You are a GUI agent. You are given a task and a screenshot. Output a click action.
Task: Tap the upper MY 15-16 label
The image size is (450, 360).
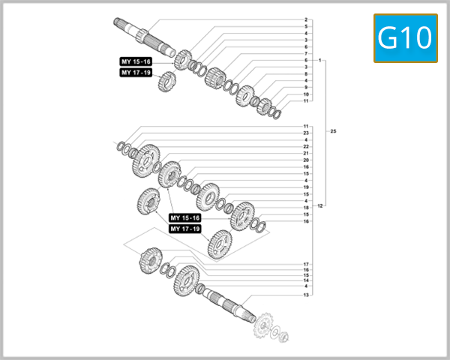[x=136, y=61]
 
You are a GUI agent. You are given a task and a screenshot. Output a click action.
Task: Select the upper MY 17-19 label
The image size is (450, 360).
[x=136, y=73]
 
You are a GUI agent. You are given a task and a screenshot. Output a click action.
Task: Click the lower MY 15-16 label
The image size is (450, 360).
[x=185, y=217]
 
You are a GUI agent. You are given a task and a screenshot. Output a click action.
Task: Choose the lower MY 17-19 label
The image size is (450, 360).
[x=185, y=229]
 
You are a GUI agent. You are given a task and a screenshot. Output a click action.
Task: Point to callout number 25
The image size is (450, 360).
[x=333, y=131]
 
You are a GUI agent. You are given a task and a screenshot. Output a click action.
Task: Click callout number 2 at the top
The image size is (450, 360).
[x=306, y=19]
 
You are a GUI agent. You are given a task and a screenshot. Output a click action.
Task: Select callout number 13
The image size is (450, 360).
[x=306, y=295]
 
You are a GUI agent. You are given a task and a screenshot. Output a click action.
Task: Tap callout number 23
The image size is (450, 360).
[x=306, y=133]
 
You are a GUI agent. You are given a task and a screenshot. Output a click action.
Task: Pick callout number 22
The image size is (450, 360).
[x=306, y=146]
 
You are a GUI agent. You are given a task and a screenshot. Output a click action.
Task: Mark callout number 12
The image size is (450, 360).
[x=320, y=205]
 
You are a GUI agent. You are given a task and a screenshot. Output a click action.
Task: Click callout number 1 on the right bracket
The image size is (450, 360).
[x=320, y=60]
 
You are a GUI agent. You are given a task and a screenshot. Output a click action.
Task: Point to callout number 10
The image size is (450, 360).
[x=306, y=94]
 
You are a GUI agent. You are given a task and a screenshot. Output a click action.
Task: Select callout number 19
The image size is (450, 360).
[x=306, y=187]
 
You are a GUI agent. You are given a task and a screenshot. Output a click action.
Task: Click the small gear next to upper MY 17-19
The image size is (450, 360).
[x=166, y=81]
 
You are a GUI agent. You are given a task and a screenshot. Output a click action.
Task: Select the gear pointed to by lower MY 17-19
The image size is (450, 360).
[x=220, y=243]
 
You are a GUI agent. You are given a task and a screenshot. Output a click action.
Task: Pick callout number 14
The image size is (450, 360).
[x=306, y=280]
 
